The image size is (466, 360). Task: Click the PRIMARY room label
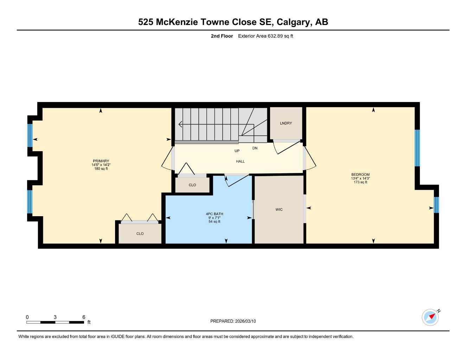(x=101, y=161)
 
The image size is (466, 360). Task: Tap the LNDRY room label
(x=286, y=123)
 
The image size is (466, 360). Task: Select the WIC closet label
(x=279, y=210)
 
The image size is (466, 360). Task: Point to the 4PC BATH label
(x=214, y=214)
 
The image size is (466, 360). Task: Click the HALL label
(x=240, y=161)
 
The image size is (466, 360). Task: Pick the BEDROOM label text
(x=360, y=175)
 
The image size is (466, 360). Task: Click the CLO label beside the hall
(x=192, y=185)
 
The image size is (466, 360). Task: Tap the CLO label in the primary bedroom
(x=140, y=233)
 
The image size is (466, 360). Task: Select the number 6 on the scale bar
(x=84, y=317)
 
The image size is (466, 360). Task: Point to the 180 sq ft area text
(x=101, y=169)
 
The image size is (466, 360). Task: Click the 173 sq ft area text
(x=360, y=182)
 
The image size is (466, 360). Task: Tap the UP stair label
(x=237, y=151)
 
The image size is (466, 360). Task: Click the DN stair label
(x=255, y=148)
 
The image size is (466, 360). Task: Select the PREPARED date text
(x=233, y=321)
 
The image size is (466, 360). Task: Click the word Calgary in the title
(x=293, y=22)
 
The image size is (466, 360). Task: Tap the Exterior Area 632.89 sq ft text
(x=265, y=36)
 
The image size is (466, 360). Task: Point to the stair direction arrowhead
(x=180, y=124)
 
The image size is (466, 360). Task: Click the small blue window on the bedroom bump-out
(x=436, y=205)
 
